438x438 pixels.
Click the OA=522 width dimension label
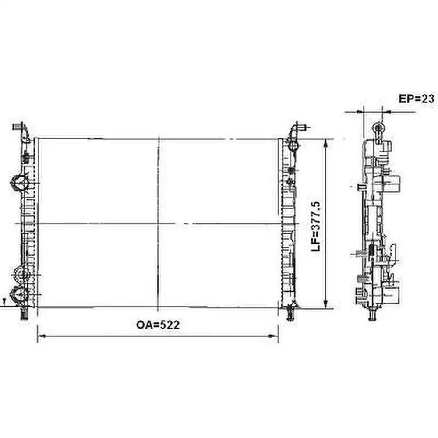158,325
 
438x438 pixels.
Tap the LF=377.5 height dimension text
316,226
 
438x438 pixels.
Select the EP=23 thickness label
417,99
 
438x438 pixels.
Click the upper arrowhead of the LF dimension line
325,144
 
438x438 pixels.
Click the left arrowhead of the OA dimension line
42,336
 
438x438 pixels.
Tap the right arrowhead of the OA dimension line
274,336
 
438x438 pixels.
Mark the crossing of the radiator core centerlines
159,223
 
